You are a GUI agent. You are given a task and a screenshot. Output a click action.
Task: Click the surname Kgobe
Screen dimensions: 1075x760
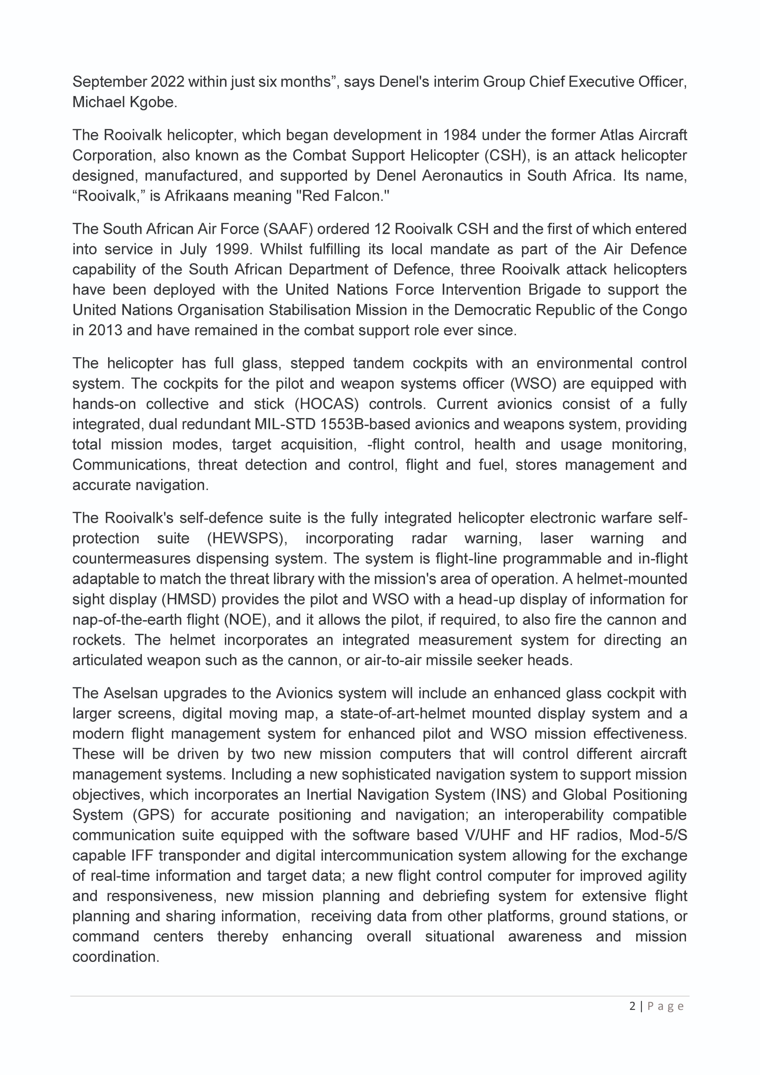[x=153, y=102]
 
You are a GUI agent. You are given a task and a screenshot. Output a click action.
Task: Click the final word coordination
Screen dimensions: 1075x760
[x=116, y=957]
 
